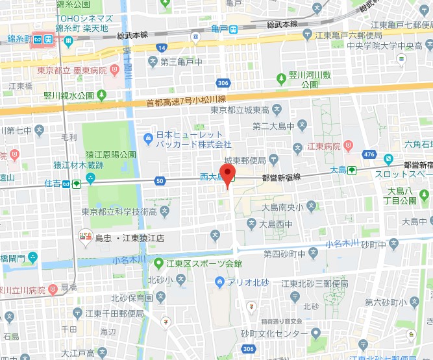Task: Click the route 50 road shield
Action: coord(160,181)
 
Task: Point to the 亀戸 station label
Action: coord(221,29)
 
